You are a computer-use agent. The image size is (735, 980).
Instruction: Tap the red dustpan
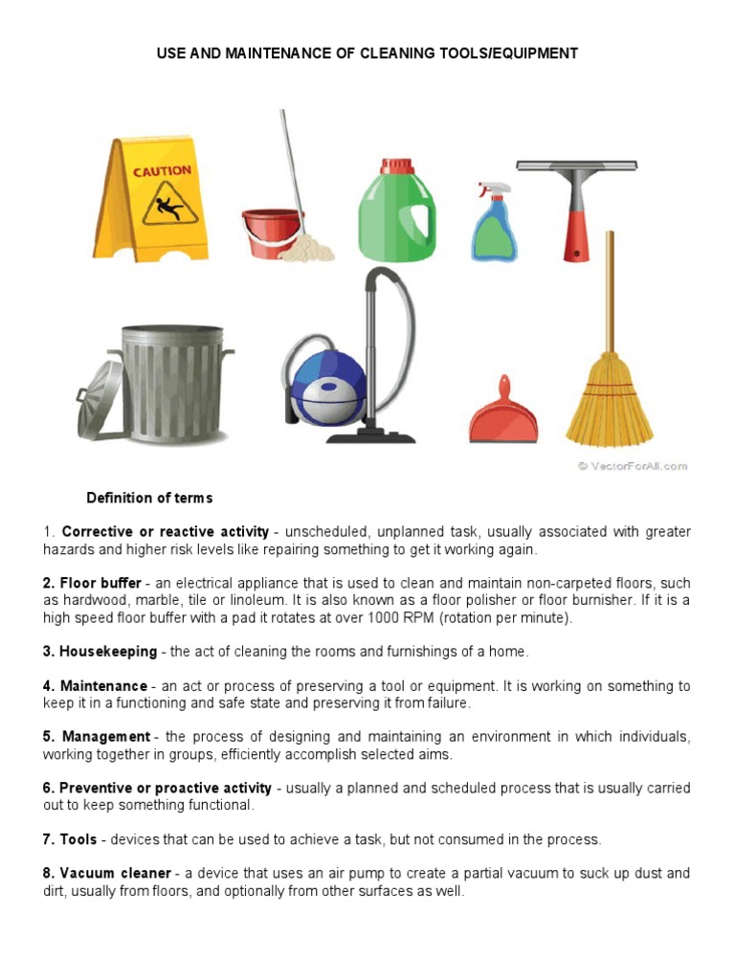pos(503,416)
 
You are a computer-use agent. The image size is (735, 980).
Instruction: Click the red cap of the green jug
pos(396,167)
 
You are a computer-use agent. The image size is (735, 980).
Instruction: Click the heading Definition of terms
pos(149,498)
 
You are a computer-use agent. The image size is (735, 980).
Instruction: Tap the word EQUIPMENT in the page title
pos(534,54)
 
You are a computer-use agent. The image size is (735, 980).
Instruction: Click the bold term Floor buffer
pos(100,583)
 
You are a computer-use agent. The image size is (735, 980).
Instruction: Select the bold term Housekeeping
pos(108,651)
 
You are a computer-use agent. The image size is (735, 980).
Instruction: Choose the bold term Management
pos(106,736)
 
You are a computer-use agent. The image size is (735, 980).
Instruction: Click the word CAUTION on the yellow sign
pos(161,171)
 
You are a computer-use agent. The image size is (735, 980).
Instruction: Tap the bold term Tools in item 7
pos(78,839)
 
